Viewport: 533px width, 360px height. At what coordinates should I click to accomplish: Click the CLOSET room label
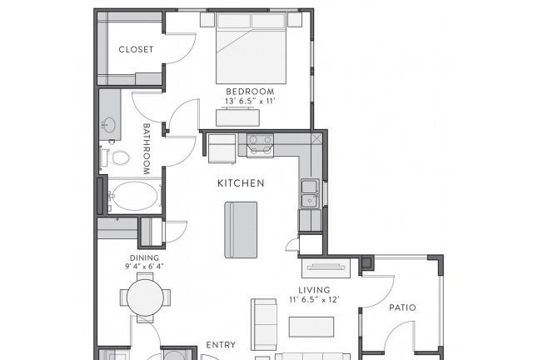click(136, 49)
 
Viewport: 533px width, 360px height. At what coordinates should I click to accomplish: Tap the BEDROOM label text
click(250, 92)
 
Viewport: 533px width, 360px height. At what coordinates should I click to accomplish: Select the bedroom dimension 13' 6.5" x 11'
click(250, 101)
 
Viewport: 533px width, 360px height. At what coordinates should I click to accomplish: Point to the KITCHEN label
click(241, 183)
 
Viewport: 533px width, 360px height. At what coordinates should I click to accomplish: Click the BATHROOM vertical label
click(147, 149)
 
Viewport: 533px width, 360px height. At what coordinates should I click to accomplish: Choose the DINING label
click(144, 258)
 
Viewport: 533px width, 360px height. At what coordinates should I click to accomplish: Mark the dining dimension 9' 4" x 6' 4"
click(144, 266)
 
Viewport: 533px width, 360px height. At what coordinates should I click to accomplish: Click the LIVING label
click(314, 290)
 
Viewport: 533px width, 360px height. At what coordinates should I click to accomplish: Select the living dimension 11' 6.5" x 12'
click(314, 300)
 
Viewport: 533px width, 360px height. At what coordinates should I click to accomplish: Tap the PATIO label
click(402, 307)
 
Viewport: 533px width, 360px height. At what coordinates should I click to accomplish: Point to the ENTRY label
click(221, 345)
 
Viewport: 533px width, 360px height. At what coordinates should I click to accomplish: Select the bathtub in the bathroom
click(135, 196)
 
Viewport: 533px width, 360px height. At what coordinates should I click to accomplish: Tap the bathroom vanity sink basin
click(109, 125)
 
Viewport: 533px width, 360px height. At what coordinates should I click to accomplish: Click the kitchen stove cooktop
click(260, 145)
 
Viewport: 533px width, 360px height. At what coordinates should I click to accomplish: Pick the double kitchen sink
click(310, 193)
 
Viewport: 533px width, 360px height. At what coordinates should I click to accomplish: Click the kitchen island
click(241, 230)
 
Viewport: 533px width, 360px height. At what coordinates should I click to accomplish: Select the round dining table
click(145, 297)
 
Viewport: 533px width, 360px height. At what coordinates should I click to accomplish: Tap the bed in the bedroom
click(251, 48)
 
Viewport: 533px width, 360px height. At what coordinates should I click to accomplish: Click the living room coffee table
click(311, 327)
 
